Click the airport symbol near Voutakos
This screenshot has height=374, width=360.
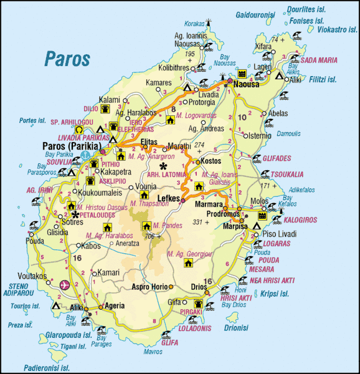click(64, 285)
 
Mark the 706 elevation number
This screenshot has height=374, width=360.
click(149, 236)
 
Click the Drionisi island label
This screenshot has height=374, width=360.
click(236, 327)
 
